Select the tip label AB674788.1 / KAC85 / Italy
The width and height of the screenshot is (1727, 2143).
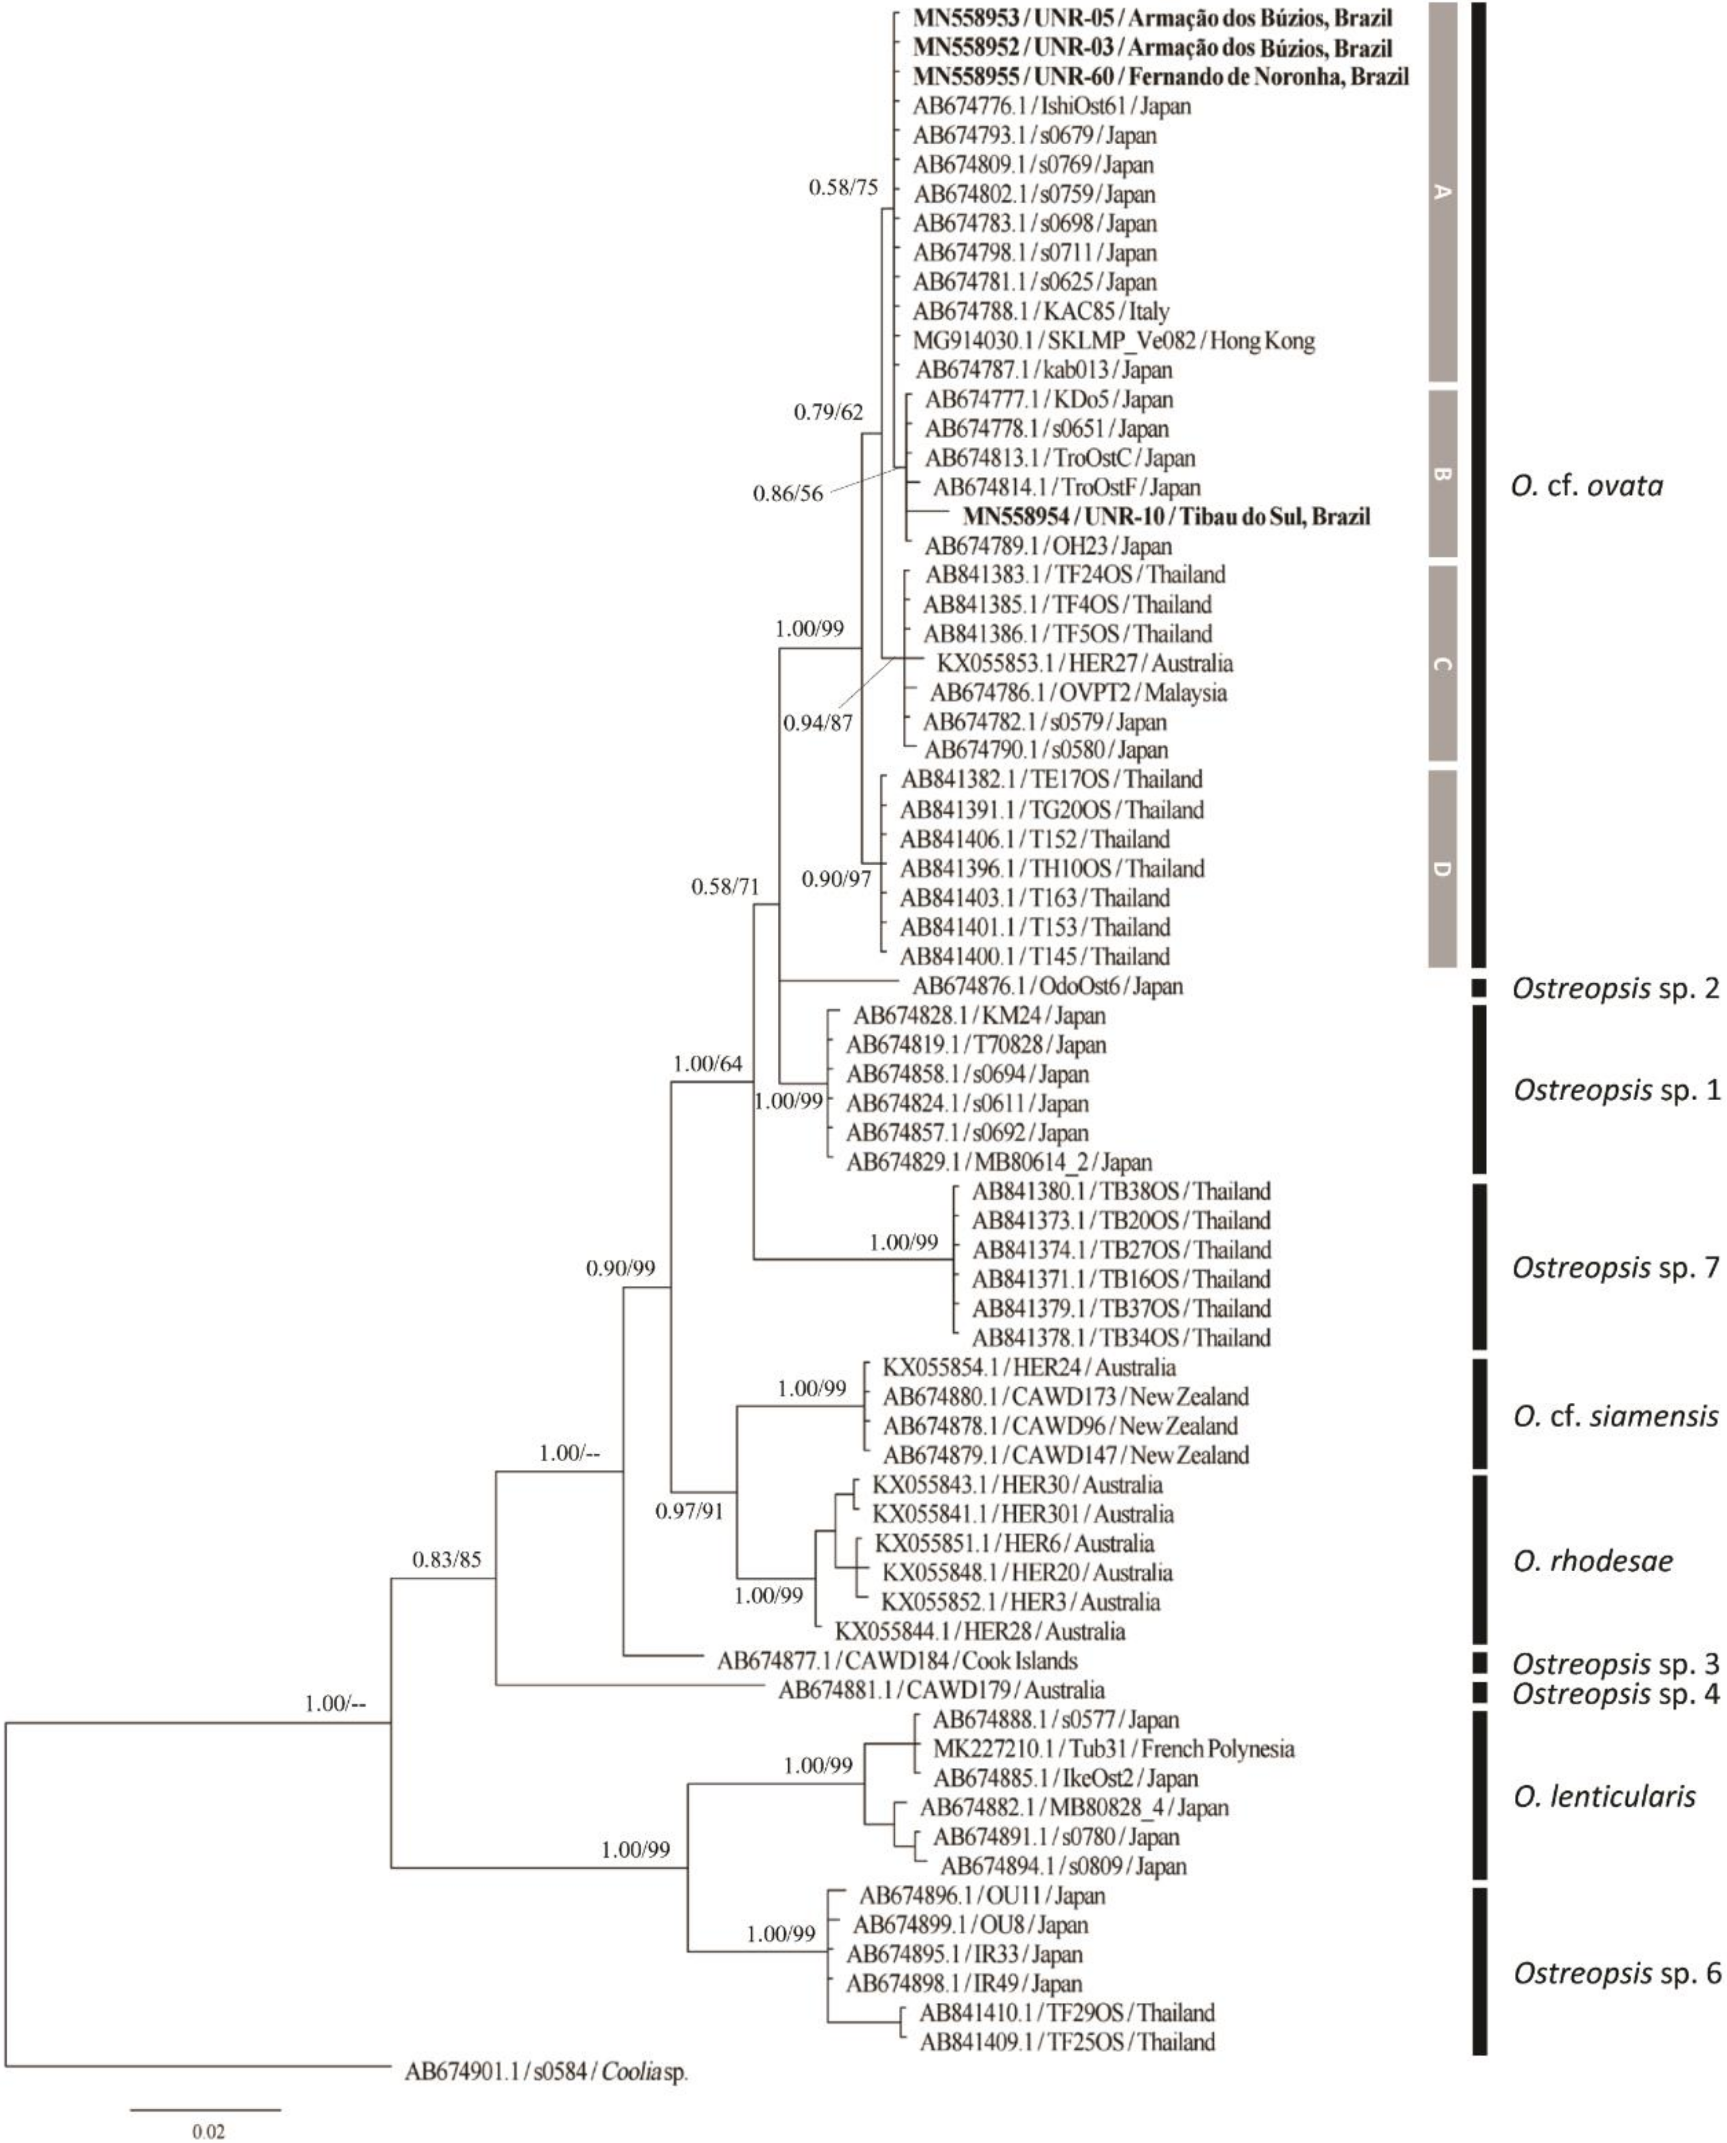(1040, 312)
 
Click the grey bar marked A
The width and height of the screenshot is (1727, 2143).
(1442, 192)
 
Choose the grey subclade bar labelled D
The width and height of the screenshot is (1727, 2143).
(1442, 868)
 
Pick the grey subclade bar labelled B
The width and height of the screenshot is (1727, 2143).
(1442, 473)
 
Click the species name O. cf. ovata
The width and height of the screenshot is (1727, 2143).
(1587, 487)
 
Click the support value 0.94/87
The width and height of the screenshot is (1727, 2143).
(818, 723)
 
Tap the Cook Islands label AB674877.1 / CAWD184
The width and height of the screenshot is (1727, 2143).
(897, 1660)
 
